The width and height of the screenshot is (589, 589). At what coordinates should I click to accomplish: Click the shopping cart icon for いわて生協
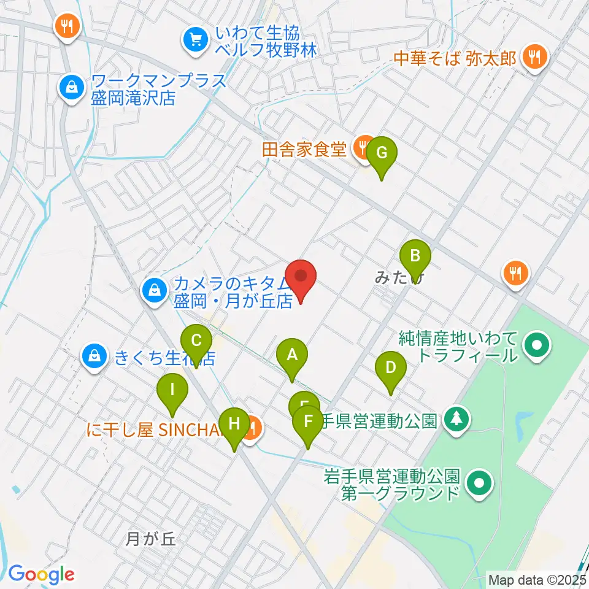[x=196, y=41]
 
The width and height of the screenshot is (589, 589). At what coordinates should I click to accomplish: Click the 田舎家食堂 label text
[x=305, y=149]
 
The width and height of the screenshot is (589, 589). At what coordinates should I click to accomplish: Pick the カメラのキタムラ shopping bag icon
[x=154, y=290]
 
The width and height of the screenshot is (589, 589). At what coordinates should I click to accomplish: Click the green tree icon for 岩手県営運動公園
[x=456, y=420]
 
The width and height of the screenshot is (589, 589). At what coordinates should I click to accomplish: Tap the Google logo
[x=41, y=574]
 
